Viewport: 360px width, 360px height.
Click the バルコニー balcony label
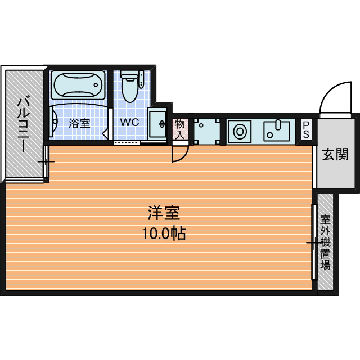(x=24, y=125)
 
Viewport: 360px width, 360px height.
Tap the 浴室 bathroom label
(x=79, y=123)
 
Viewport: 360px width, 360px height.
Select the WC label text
(x=130, y=122)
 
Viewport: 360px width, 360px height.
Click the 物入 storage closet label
(x=180, y=129)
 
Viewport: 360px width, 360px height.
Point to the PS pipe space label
(x=306, y=130)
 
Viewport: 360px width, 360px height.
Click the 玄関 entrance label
(x=335, y=155)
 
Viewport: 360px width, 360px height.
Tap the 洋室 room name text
(x=164, y=213)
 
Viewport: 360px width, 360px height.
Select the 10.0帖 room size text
(x=164, y=233)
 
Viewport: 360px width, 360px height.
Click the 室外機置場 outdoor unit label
(x=325, y=242)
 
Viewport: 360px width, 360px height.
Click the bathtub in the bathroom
(x=78, y=85)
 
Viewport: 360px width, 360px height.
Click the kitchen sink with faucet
(x=276, y=131)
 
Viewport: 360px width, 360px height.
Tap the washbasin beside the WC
(x=158, y=124)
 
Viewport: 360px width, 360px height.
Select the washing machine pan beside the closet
(x=207, y=132)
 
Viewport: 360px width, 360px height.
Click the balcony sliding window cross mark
(x=46, y=162)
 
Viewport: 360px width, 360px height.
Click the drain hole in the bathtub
(x=96, y=85)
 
